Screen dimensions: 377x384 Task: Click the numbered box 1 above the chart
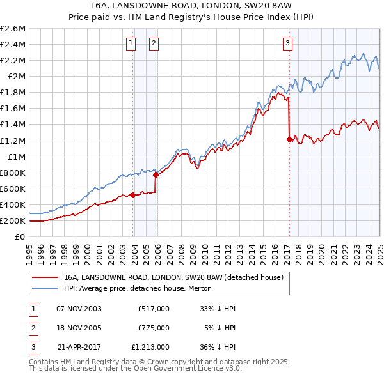131,43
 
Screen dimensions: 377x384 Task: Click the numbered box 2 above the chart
154,43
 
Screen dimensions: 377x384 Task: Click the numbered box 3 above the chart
287,43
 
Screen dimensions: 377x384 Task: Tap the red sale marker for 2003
132,195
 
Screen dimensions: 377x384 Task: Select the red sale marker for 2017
289,139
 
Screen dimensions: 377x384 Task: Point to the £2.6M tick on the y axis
14,29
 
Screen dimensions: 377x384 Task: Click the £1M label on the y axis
17,157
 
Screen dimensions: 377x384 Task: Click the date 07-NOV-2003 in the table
79,309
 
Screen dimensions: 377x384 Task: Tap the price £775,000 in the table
154,328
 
